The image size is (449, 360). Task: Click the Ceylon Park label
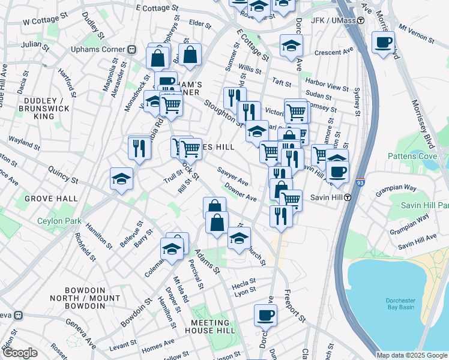tap(59, 221)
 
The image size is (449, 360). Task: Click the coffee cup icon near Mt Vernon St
tap(383, 43)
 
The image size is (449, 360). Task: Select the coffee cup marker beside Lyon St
tap(265, 314)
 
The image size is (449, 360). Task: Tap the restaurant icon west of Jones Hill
tap(139, 147)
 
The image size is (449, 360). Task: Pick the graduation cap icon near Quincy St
tap(121, 178)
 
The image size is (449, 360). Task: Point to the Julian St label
tap(31, 44)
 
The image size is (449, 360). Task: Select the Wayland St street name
tap(24, 144)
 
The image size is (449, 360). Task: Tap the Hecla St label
tap(244, 280)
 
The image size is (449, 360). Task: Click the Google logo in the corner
tap(19, 353)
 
